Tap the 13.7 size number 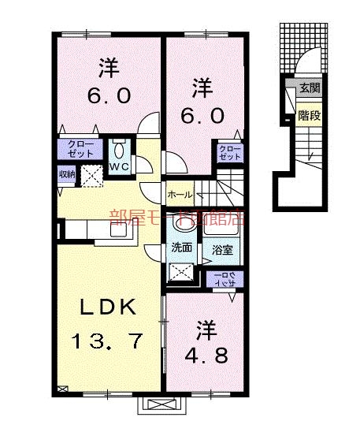coord(108,341)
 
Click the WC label coord(120,168)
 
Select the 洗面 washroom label coord(181,247)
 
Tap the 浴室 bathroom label coord(222,250)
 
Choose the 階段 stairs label coord(308,116)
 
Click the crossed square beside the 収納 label coord(92,175)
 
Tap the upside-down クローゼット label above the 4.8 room coord(226,278)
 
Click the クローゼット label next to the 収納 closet coord(76,150)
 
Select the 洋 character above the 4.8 coord(206,325)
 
